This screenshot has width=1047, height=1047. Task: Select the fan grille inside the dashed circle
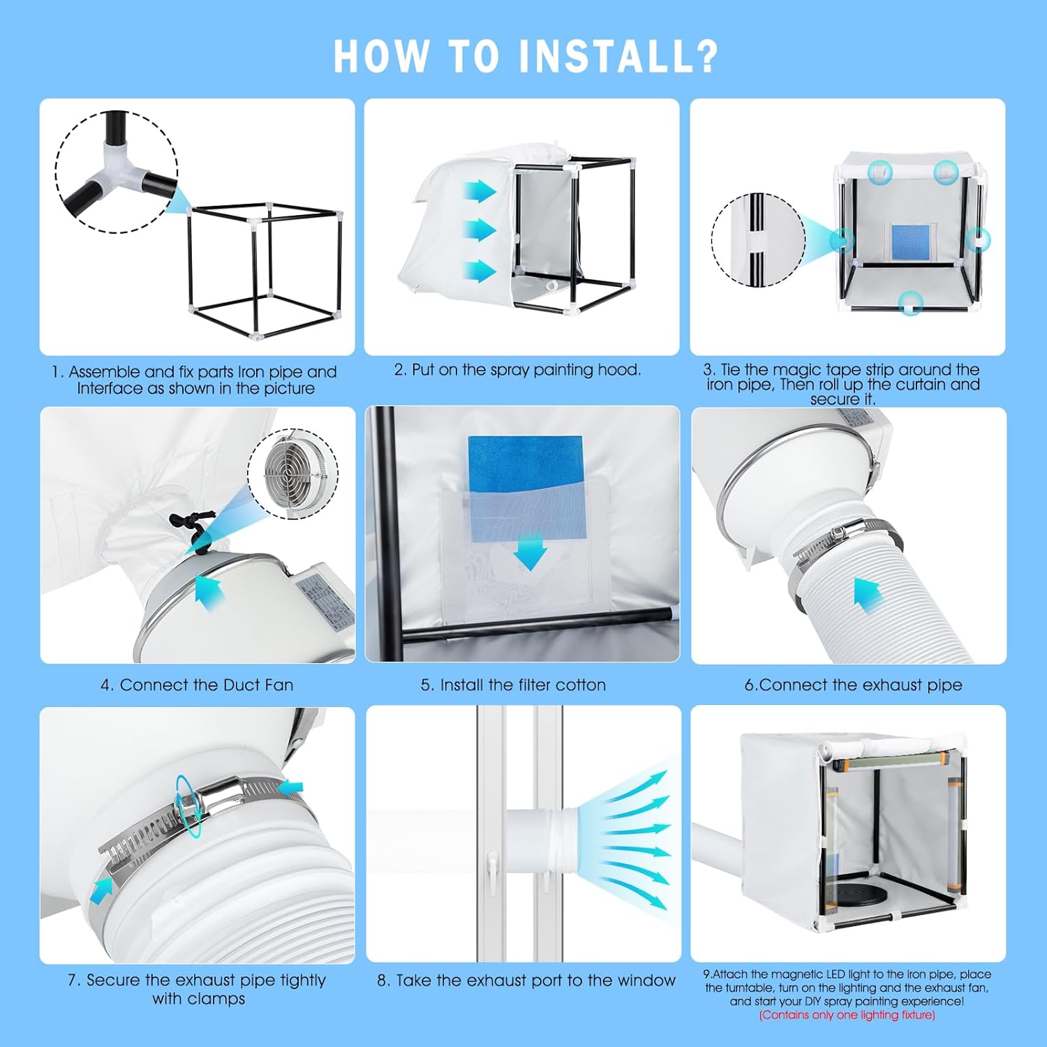point(292,475)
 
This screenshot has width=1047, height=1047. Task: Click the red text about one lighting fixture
point(847,1015)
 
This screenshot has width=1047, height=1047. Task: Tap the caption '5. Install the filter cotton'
point(513,685)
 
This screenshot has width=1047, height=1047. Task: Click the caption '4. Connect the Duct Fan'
point(197,685)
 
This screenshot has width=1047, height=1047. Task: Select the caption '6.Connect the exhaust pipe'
point(853,685)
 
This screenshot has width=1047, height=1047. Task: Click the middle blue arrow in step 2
point(480,229)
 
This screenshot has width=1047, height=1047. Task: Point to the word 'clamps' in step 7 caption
point(221,999)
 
